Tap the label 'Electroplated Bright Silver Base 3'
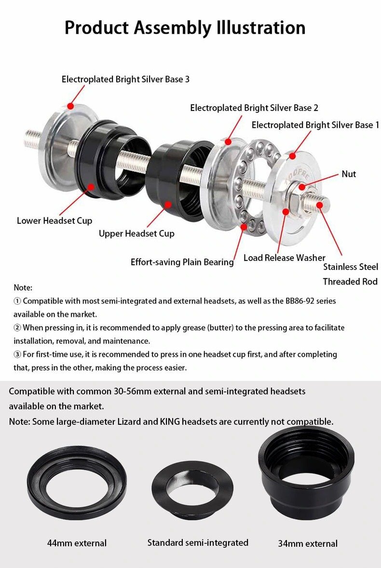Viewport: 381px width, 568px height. pyautogui.click(x=125, y=80)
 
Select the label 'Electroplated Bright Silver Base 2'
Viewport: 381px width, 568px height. pyautogui.click(x=254, y=108)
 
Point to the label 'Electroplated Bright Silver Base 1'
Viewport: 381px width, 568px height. pyautogui.click(x=315, y=125)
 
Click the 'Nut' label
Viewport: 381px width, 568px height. pyautogui.click(x=349, y=174)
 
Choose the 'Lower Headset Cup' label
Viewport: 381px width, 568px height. pyautogui.click(x=54, y=221)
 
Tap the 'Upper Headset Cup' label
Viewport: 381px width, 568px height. pyautogui.click(x=136, y=234)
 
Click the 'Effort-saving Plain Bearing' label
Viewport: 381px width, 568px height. pyautogui.click(x=182, y=262)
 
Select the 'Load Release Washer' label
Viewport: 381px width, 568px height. pyautogui.click(x=284, y=257)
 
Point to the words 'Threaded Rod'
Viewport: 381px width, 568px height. pyautogui.click(x=350, y=282)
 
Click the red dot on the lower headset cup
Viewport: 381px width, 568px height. pyautogui.click(x=91, y=187)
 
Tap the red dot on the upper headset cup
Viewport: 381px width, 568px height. pyautogui.click(x=168, y=204)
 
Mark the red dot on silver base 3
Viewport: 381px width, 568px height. pyautogui.click(x=70, y=106)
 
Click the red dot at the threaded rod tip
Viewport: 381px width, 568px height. pyautogui.click(x=319, y=205)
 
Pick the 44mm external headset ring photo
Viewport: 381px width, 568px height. pyautogui.click(x=77, y=483)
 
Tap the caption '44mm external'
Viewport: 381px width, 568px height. pyautogui.click(x=77, y=543)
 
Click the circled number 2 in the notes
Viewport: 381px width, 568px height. pyautogui.click(x=17, y=327)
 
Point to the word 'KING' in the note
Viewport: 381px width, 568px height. pyautogui.click(x=170, y=421)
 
